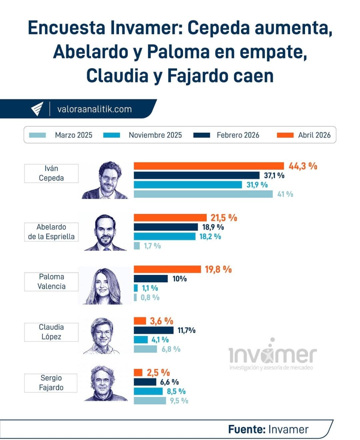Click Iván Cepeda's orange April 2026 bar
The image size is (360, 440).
[x=209, y=166]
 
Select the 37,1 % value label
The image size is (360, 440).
[x=274, y=175]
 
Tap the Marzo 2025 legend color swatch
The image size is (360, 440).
[x=37, y=135]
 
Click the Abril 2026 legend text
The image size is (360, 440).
[x=314, y=135]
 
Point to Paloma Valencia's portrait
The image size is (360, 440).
[x=105, y=286]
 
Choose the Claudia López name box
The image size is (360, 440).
[x=51, y=332]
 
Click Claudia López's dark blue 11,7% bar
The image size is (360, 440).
[x=154, y=330]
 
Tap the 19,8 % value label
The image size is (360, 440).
[x=218, y=269]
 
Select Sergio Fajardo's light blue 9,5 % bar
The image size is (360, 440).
[x=149, y=400]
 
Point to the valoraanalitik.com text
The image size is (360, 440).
[x=94, y=109]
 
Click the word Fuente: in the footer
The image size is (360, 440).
[x=246, y=429]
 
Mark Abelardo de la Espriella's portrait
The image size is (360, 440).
[x=105, y=232]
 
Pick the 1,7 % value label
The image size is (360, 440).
[x=151, y=246]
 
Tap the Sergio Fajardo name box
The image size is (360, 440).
[x=51, y=383]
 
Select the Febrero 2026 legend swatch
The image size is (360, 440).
[x=202, y=135]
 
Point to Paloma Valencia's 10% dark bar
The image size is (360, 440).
[x=151, y=278]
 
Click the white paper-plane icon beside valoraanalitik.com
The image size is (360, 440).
[x=37, y=109]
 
